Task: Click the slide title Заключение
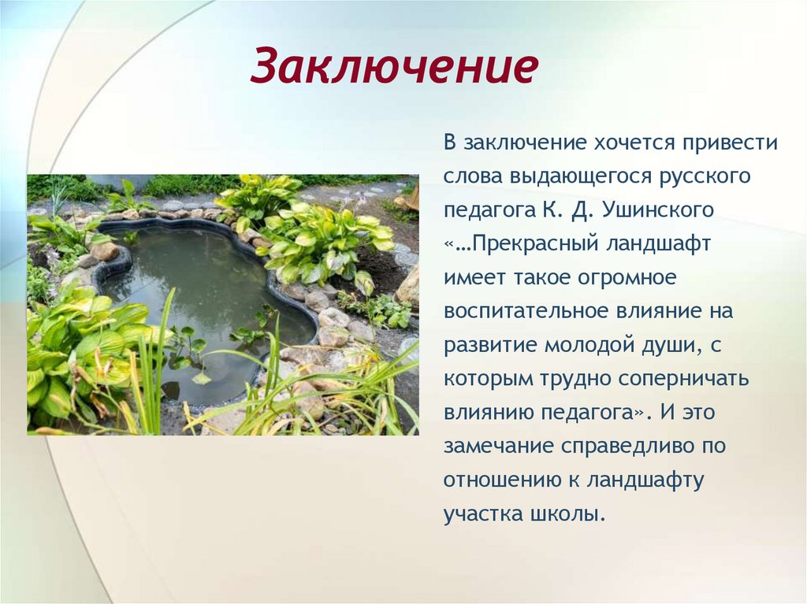point(394,68)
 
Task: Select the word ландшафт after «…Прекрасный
point(659,244)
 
